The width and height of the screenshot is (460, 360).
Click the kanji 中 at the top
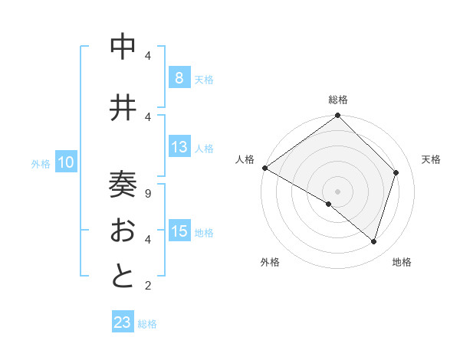pos(123,47)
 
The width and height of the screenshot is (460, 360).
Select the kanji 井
pos(123,108)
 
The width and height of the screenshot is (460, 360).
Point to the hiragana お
pos(123,231)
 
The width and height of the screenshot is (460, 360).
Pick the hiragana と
pos(123,276)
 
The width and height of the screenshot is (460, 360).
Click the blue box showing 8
pos(179,78)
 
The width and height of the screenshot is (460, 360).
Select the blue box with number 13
pos(179,147)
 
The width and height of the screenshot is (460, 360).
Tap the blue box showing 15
pos(179,231)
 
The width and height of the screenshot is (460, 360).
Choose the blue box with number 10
pos(66,162)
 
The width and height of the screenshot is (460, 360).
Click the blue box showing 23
pos(123,322)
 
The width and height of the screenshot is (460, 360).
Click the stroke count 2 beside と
pos(147,286)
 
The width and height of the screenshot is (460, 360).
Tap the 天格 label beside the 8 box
pos(204,79)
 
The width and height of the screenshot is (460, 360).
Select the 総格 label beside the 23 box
pos(147,324)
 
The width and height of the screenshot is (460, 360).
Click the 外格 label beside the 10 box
pos(41,163)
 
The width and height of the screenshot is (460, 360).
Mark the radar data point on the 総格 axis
pos(337,116)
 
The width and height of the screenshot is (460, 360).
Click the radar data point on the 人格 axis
pos(264,168)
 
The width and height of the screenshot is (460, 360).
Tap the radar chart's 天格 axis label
pos(431,159)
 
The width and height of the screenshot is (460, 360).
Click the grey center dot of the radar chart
pos(337,191)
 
